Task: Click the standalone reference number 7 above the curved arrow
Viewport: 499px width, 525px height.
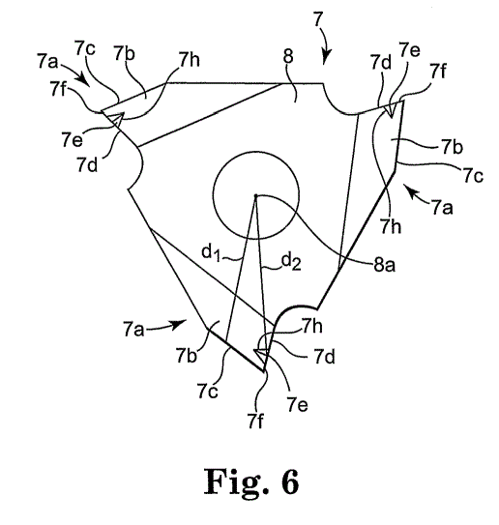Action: [318, 20]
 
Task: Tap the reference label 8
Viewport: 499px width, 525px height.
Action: [288, 57]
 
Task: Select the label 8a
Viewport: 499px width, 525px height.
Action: [384, 265]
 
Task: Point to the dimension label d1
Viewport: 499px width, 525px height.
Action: [211, 252]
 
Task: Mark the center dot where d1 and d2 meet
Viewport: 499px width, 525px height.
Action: [255, 195]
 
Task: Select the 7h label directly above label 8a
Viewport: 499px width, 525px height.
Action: [390, 226]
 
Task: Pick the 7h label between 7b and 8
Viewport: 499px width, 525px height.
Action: [189, 60]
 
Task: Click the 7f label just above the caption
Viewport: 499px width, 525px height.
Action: [255, 421]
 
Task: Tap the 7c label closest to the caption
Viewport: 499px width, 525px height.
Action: [207, 391]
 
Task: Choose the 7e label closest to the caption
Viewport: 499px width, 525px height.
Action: [298, 405]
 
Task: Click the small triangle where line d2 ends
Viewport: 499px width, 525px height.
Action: [261, 354]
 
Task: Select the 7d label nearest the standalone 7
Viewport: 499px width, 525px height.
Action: [381, 62]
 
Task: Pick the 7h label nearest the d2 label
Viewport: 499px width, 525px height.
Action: [312, 326]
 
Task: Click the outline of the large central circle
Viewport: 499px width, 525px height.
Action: [213, 195]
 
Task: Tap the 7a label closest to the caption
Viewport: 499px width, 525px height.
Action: [133, 329]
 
